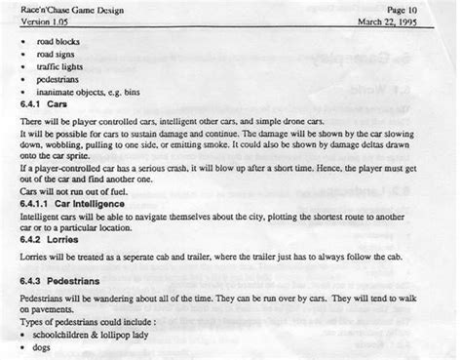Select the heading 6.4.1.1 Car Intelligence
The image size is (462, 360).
(63, 206)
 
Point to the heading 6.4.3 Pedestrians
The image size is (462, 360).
(56, 278)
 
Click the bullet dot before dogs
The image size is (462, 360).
(23, 347)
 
